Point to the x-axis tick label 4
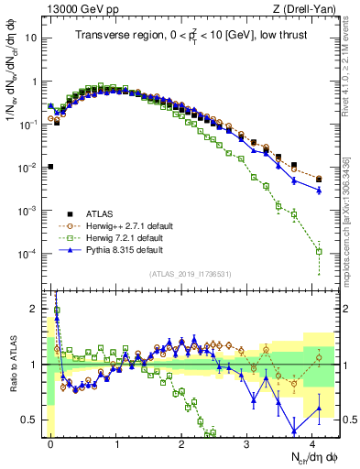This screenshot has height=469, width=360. tap(313, 442)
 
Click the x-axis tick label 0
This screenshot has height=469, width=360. tap(51, 442)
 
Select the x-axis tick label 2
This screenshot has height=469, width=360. tap(182, 442)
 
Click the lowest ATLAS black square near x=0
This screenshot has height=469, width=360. tap(50, 167)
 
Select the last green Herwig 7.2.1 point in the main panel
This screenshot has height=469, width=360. tap(319, 251)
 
